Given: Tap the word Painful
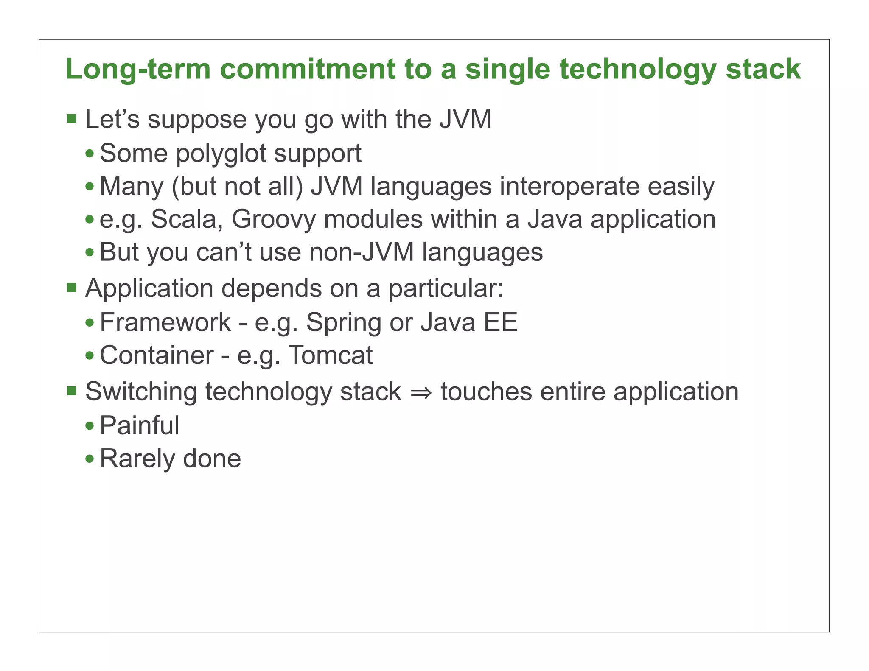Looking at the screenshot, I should [x=140, y=425].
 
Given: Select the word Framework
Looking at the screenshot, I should [x=165, y=322].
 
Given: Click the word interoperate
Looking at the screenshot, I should [x=569, y=186].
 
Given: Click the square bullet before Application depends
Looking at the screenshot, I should [x=72, y=288].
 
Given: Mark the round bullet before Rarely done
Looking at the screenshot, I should [x=90, y=459].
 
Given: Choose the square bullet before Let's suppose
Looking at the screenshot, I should [x=72, y=118].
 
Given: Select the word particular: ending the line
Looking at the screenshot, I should [x=446, y=289].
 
